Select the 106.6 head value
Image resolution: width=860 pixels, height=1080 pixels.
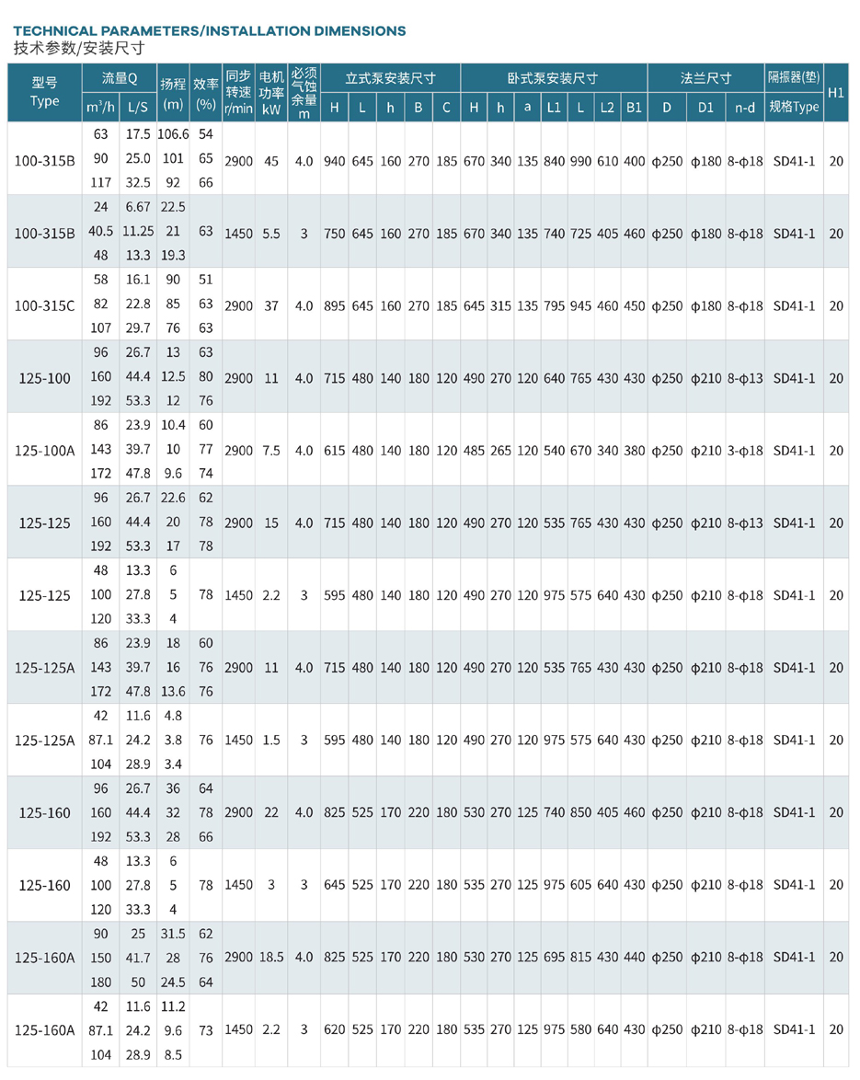[x=172, y=134]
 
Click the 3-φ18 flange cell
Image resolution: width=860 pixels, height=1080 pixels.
[x=745, y=451]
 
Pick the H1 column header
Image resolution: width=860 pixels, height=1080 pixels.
[x=836, y=93]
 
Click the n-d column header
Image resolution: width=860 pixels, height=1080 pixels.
[x=745, y=108]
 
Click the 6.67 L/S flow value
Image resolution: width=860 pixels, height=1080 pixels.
[x=138, y=206]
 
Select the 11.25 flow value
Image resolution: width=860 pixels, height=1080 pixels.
[x=138, y=231]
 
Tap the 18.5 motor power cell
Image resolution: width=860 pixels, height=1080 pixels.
[x=271, y=958]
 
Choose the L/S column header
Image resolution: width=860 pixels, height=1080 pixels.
[x=138, y=108]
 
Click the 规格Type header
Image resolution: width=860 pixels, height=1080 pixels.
[x=794, y=107]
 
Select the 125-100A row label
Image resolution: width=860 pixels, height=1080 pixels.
[x=45, y=451]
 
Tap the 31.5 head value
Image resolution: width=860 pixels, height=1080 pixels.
[x=172, y=933]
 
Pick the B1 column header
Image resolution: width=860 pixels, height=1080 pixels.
[x=634, y=108]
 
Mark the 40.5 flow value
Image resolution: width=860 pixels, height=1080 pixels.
[x=100, y=231]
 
